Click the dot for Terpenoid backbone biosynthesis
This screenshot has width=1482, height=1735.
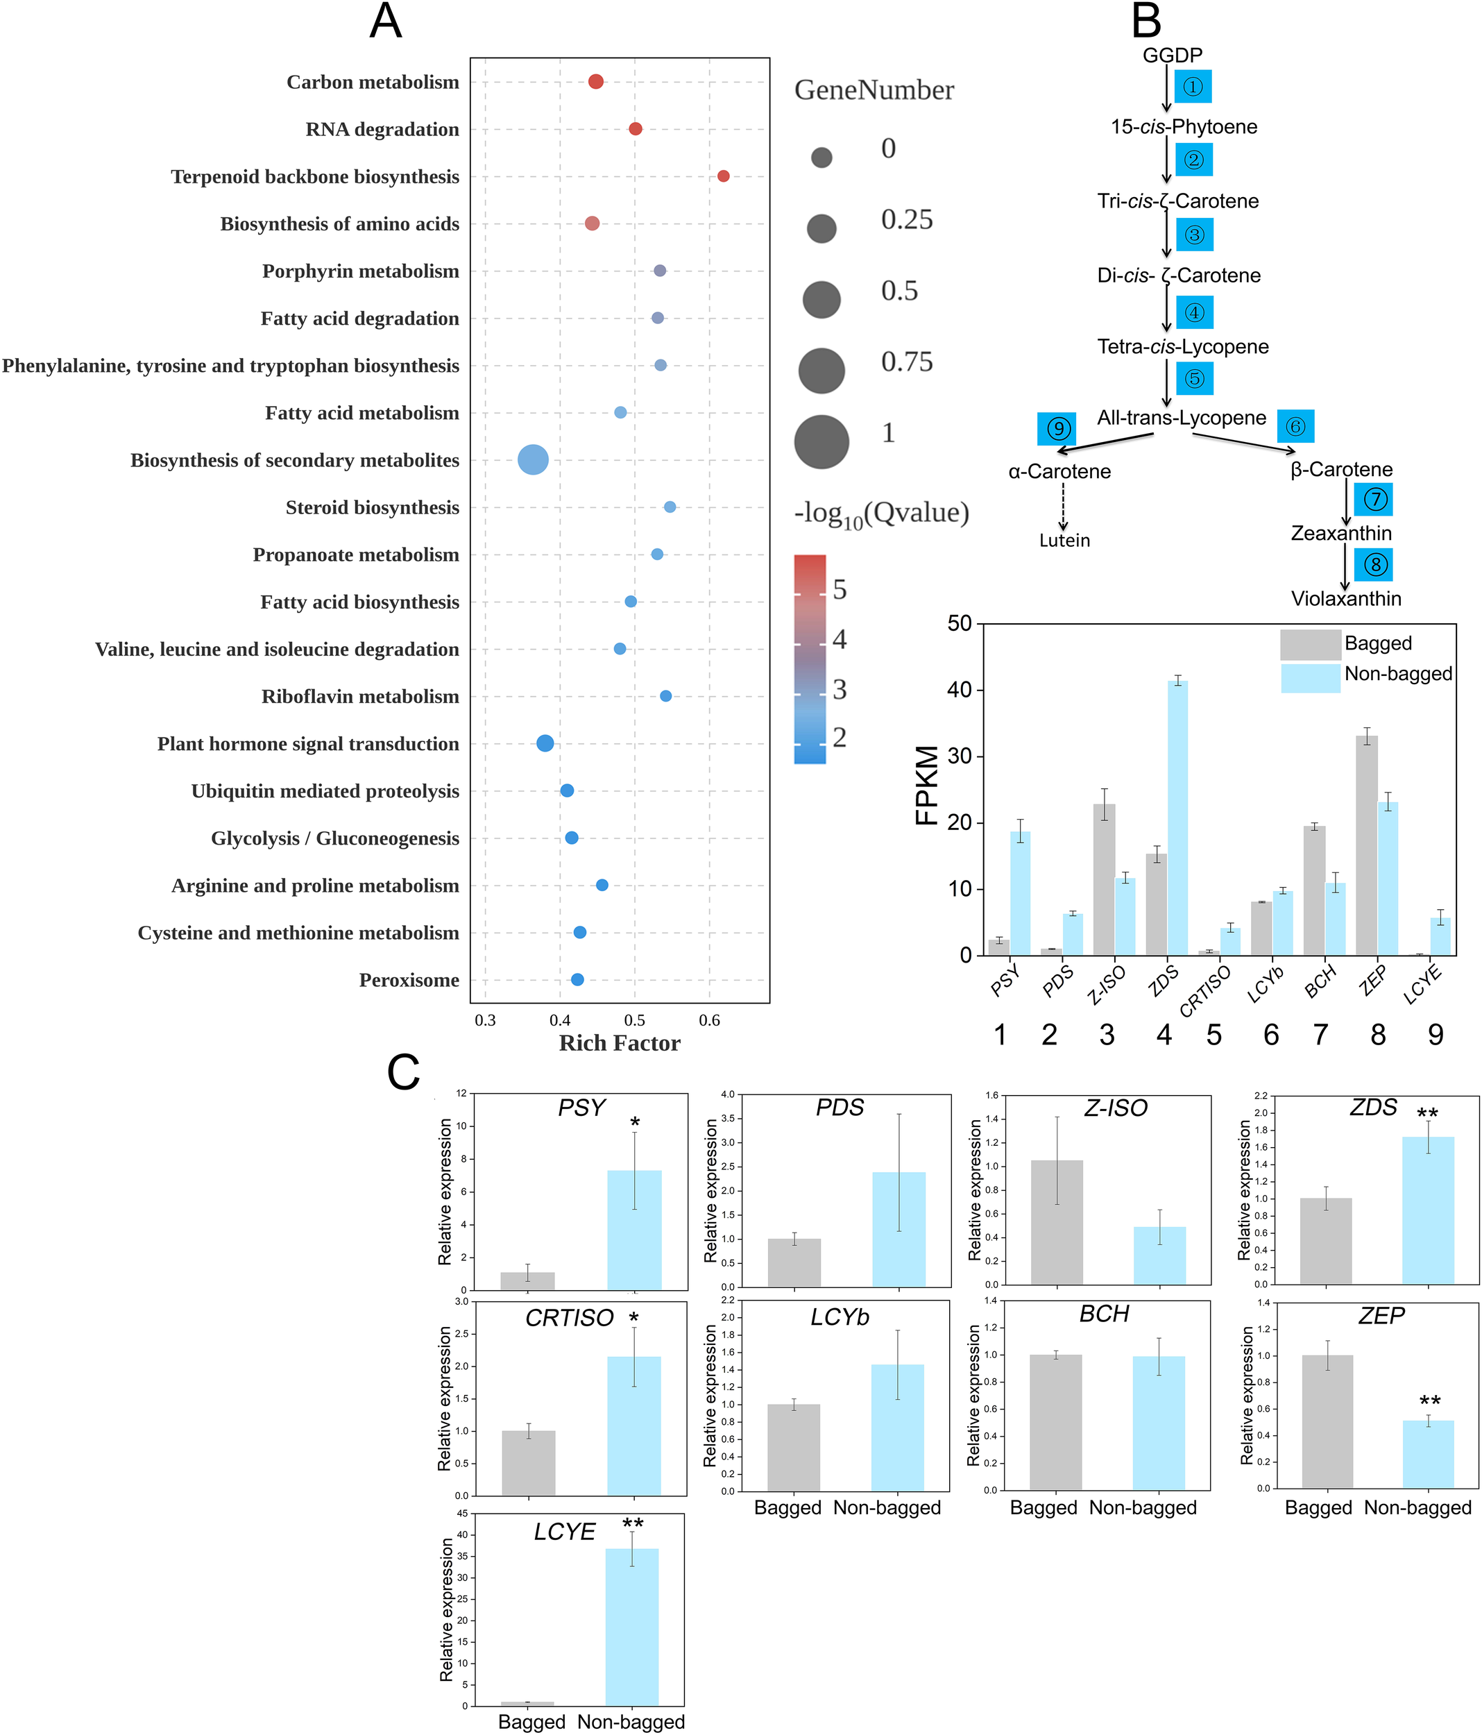724,176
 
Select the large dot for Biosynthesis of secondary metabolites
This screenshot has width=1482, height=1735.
534,459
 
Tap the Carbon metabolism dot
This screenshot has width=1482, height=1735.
596,81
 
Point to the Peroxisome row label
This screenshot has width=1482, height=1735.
409,981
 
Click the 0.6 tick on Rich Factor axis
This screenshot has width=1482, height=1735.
709,1021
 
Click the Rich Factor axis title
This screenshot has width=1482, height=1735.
620,1043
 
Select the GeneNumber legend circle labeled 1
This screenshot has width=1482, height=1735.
821,441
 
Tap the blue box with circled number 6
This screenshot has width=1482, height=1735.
1295,426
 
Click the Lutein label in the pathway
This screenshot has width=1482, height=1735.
1064,541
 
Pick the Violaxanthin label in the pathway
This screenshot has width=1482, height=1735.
1345,599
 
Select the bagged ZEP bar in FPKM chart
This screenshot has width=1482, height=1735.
1366,846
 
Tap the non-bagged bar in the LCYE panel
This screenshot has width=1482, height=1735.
632,1625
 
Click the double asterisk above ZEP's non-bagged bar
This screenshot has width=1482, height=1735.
1430,1402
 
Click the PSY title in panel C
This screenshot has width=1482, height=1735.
581,1108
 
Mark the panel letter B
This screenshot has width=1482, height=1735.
1146,21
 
